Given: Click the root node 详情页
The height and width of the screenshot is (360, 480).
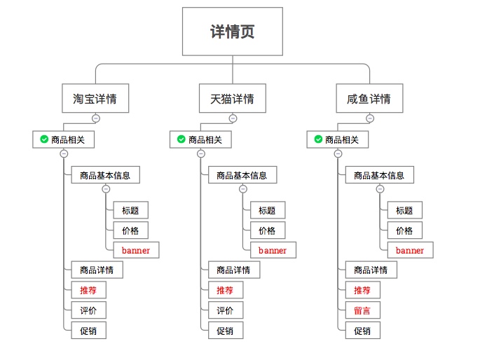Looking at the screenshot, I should (x=232, y=32).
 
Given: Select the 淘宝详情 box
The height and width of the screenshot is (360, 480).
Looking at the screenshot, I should (x=95, y=99).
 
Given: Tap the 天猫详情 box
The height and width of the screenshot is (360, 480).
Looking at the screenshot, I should (x=232, y=99).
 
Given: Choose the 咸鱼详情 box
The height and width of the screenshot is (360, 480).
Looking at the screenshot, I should (x=369, y=99).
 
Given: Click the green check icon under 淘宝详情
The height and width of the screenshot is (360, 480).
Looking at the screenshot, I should (x=43, y=140).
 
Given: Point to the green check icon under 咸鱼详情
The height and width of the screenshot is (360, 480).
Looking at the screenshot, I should (x=318, y=140).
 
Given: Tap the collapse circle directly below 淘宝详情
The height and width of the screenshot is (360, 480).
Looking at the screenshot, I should (x=95, y=118).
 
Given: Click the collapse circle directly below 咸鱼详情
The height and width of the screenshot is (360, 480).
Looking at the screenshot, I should (x=369, y=118).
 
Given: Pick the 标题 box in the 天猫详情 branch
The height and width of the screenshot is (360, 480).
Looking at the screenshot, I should (x=267, y=210).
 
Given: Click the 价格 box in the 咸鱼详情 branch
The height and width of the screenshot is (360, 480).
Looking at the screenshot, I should (x=404, y=230).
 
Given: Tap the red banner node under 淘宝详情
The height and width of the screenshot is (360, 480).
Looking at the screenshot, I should (x=135, y=250).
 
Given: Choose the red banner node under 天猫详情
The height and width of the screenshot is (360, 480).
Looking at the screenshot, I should (x=273, y=250).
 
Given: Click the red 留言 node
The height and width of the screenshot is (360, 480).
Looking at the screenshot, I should (x=362, y=310).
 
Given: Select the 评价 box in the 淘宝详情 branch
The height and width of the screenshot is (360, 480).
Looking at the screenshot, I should (x=88, y=310).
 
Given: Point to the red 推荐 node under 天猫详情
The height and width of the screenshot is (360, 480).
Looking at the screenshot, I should (x=225, y=290).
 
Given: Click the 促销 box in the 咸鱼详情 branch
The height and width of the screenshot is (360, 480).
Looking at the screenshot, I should (x=362, y=331).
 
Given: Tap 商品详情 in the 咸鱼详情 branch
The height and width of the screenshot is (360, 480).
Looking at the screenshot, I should (x=371, y=270).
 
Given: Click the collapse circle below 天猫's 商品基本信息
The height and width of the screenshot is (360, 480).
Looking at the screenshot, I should (x=243, y=189).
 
